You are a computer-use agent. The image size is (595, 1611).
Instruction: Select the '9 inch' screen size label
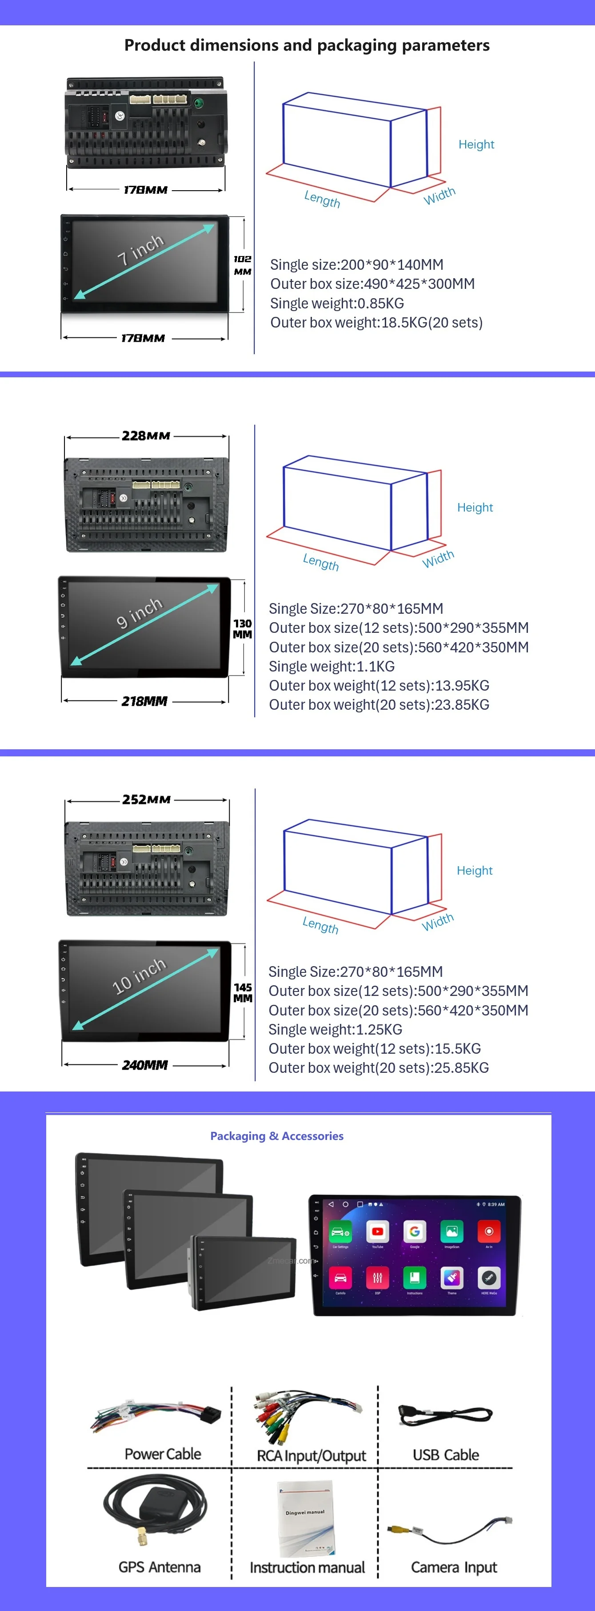(x=140, y=612)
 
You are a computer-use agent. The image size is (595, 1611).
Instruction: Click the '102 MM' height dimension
(x=243, y=265)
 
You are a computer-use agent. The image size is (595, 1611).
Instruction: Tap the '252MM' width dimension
(x=146, y=799)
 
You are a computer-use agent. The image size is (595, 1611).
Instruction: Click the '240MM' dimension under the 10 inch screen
(x=144, y=1064)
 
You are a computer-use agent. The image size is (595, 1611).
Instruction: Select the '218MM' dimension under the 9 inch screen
(x=144, y=701)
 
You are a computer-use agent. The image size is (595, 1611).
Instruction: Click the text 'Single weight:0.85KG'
(x=337, y=304)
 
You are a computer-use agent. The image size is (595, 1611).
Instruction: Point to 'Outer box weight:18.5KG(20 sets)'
(x=376, y=323)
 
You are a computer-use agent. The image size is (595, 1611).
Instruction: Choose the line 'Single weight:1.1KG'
(x=331, y=666)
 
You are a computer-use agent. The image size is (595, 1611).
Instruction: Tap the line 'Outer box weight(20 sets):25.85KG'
(x=378, y=1067)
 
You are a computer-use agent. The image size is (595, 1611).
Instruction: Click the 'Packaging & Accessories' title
(x=276, y=1136)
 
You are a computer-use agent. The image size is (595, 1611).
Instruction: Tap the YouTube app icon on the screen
(x=378, y=1231)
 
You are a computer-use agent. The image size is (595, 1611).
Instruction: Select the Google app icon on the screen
(x=415, y=1231)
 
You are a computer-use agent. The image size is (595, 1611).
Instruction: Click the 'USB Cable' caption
(x=446, y=1455)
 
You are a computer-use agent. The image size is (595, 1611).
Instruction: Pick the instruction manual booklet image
(x=306, y=1519)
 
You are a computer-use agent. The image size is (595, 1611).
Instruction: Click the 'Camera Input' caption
(x=454, y=1567)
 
